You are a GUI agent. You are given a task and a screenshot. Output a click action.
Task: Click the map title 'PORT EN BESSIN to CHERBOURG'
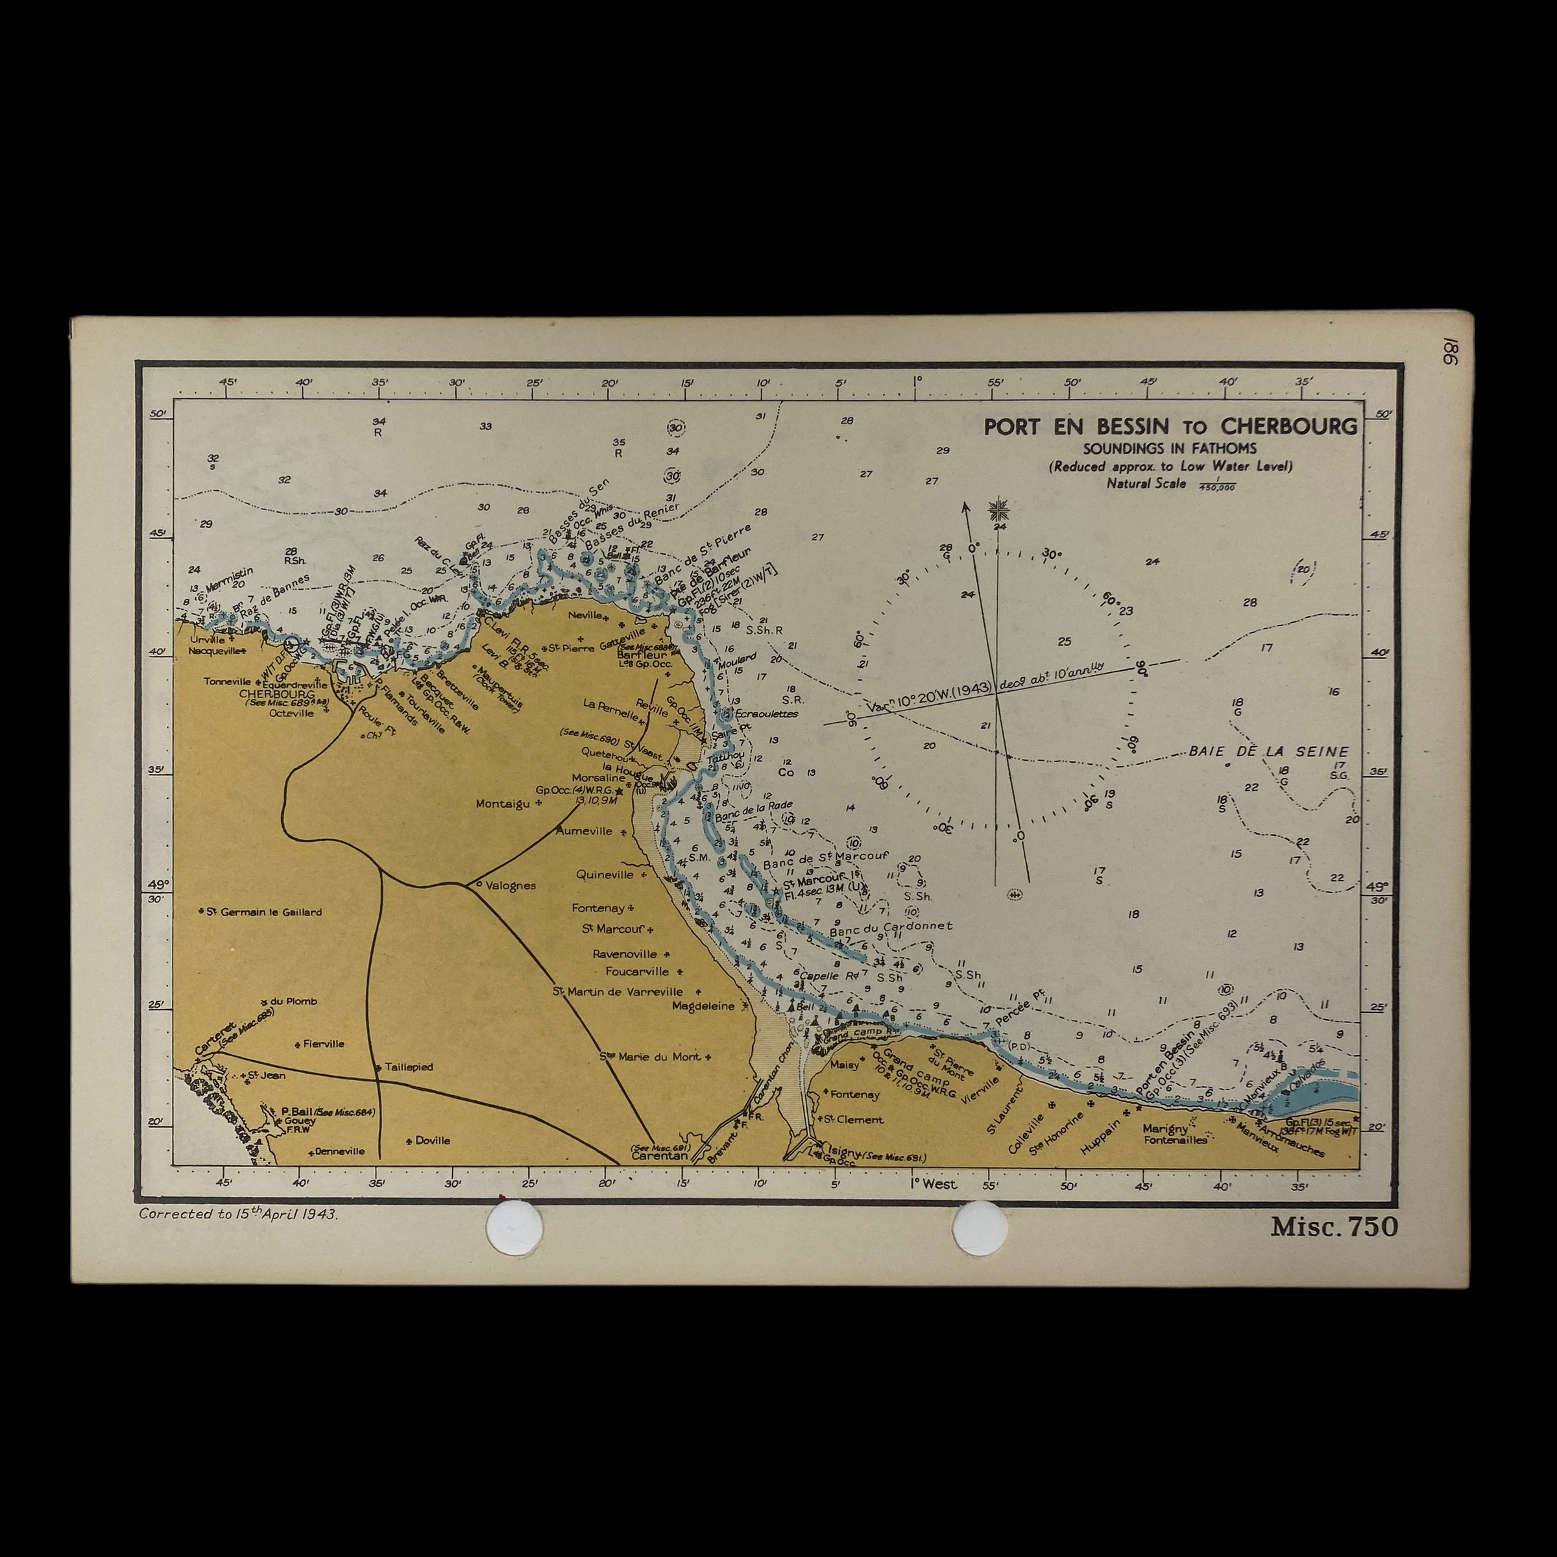pyautogui.click(x=1170, y=426)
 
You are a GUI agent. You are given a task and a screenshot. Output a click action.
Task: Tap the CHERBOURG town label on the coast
pyautogui.click(x=276, y=693)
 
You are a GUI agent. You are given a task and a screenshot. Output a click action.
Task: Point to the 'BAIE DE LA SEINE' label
pyautogui.click(x=1268, y=751)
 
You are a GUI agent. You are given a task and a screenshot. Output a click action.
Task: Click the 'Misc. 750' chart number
pyautogui.click(x=1334, y=1227)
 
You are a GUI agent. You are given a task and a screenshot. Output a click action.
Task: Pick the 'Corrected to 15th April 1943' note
pyautogui.click(x=239, y=1214)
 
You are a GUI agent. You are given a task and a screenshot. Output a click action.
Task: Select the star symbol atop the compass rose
pyautogui.click(x=998, y=509)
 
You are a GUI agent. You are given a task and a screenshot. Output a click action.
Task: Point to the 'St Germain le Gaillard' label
pyautogui.click(x=263, y=912)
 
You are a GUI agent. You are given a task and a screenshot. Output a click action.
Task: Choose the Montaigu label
pyautogui.click(x=503, y=804)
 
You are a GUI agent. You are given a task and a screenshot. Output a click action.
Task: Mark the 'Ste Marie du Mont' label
pyautogui.click(x=655, y=1057)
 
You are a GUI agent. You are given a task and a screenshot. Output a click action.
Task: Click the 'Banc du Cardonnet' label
pyautogui.click(x=891, y=927)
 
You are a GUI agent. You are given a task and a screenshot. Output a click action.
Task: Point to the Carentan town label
pyautogui.click(x=659, y=1155)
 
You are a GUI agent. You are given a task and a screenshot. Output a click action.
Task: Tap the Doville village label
pyautogui.click(x=432, y=1141)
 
